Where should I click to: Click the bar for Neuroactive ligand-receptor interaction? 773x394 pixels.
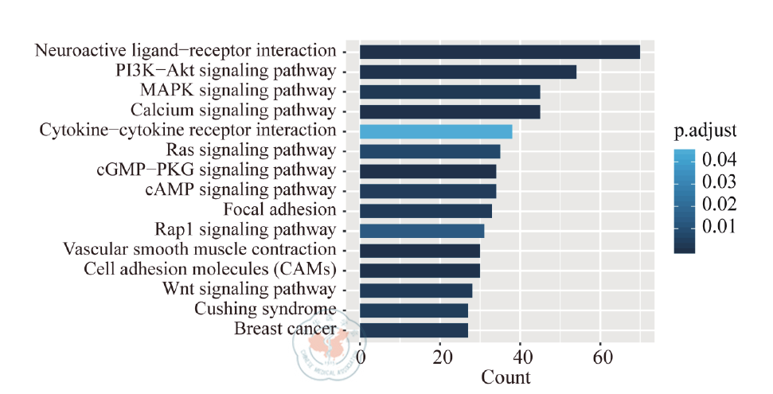[499, 52]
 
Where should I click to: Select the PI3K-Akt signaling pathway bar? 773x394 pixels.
[467, 72]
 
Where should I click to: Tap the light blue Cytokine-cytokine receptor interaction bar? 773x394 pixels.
[435, 131]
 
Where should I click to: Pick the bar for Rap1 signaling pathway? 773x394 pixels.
[421, 231]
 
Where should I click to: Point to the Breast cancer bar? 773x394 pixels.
[413, 330]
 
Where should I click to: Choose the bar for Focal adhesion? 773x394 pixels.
[425, 211]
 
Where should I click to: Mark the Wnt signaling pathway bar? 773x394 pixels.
[416, 290]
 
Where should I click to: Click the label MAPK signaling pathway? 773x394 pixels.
[237, 90]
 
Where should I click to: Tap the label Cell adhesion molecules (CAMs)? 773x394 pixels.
[209, 269]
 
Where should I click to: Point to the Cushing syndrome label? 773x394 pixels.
[264, 309]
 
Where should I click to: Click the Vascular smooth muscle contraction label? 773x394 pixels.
[199, 249]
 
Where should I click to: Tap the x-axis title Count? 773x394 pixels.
[506, 376]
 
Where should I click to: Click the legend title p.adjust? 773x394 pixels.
[705, 129]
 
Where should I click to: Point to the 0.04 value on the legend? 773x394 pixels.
[719, 161]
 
